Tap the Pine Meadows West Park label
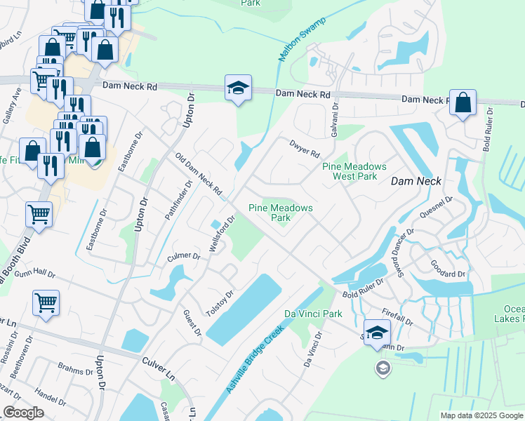354,171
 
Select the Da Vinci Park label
313,314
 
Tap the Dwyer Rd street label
305,149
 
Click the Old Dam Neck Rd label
199,176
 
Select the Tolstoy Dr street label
218,302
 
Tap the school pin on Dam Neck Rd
238,88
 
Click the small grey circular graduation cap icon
383,368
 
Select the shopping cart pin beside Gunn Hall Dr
46,304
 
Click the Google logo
23,412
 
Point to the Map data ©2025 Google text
481,415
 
